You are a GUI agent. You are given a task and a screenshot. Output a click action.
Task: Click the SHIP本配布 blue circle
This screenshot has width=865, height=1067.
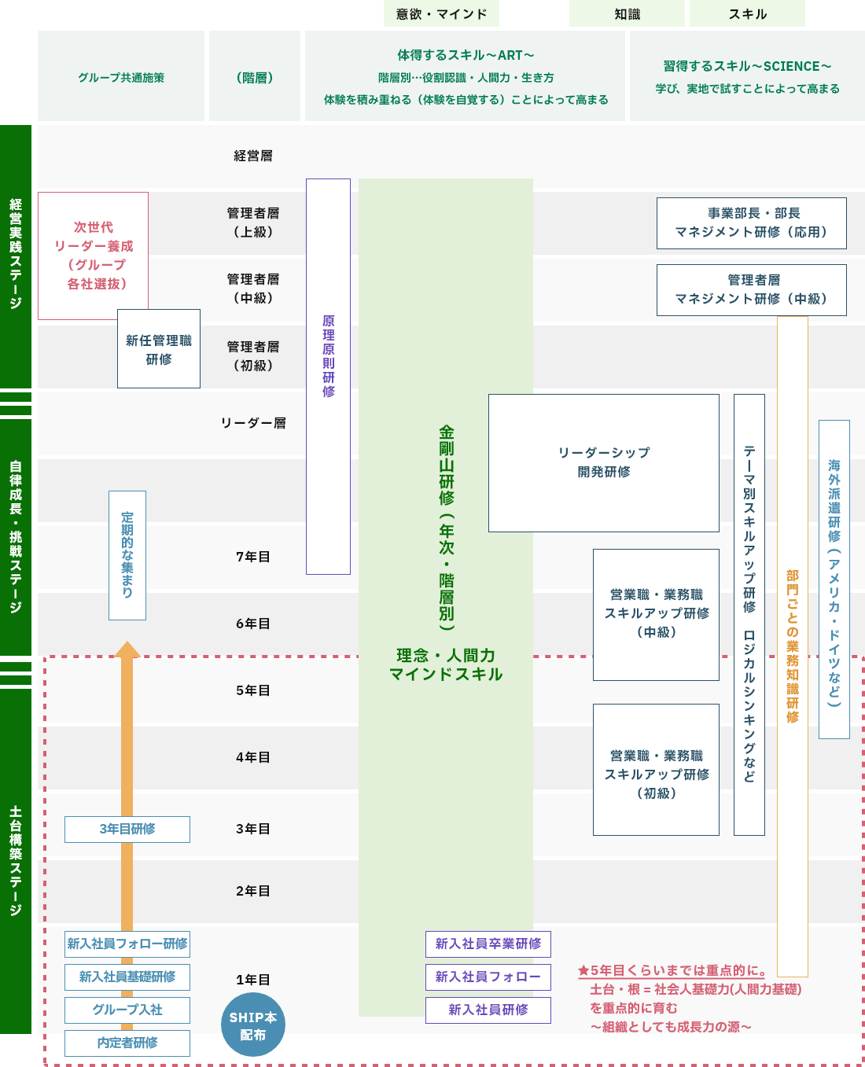tap(252, 1025)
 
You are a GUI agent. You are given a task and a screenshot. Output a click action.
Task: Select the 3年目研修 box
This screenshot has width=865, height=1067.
tap(127, 829)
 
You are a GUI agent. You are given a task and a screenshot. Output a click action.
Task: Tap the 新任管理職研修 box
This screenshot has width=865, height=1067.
tap(159, 349)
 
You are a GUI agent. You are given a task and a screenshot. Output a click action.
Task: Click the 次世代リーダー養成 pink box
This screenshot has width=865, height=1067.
tap(94, 255)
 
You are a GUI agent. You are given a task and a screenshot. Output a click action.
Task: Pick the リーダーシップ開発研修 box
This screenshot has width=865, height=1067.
tap(603, 462)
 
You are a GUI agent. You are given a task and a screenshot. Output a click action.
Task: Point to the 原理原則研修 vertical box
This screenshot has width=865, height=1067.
tap(328, 376)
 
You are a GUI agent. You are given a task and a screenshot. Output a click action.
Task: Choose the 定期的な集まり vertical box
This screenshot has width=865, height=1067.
tap(127, 554)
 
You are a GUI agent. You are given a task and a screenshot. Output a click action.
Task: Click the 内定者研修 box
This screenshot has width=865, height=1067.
tap(127, 1043)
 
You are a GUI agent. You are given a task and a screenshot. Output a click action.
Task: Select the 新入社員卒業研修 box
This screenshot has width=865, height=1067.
tap(488, 944)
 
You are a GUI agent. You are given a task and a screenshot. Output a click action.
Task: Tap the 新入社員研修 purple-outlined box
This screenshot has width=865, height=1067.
tap(488, 1010)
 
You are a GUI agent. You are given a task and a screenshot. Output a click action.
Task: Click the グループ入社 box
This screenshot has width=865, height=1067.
tap(127, 1010)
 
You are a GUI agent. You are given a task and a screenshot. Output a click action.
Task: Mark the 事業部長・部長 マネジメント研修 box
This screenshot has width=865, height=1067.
tap(751, 223)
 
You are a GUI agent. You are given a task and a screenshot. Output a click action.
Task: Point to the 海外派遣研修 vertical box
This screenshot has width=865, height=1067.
tap(834, 579)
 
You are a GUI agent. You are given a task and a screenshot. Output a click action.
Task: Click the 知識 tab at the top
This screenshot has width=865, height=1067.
tap(627, 14)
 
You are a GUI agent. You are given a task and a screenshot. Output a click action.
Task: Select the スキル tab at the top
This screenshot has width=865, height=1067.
tap(747, 14)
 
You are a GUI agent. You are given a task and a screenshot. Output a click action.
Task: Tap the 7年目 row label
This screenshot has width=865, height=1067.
tap(253, 557)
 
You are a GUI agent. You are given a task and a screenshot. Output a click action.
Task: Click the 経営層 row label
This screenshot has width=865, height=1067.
tap(253, 156)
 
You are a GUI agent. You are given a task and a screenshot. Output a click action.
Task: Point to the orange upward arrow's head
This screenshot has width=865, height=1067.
tap(127, 649)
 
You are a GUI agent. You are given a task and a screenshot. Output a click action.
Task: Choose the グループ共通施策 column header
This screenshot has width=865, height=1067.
tap(121, 77)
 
